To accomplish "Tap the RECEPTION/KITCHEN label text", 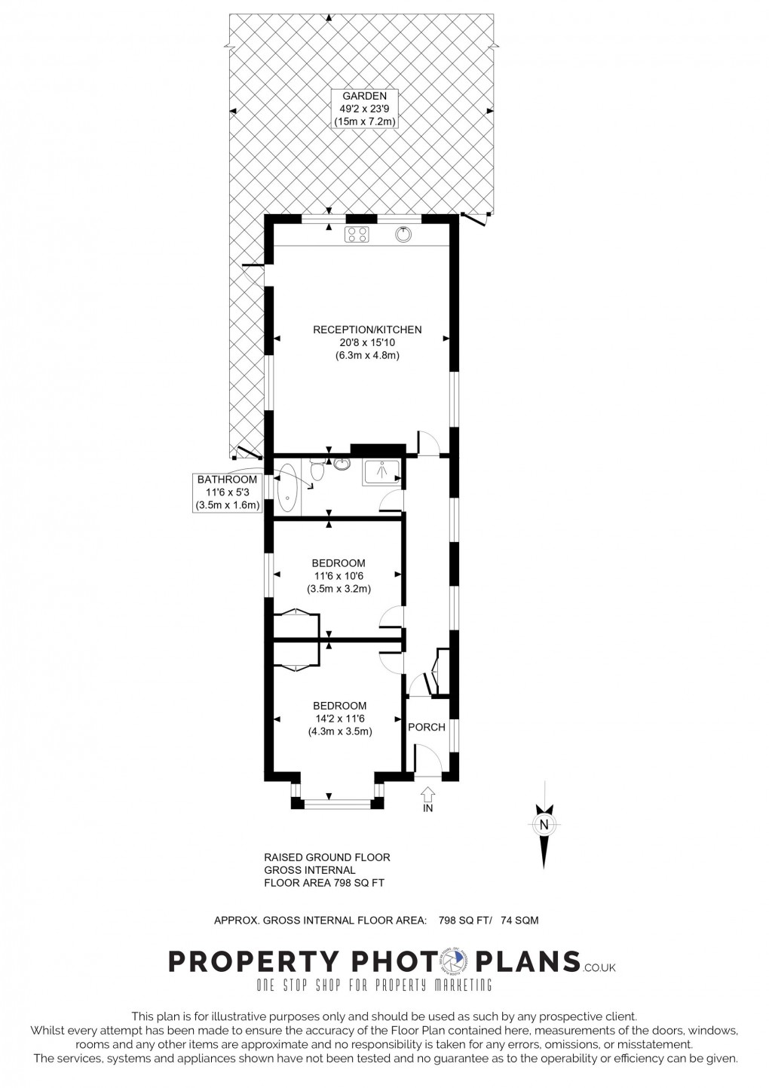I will pos(367,329).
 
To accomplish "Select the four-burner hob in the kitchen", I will pos(357,235).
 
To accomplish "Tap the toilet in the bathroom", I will pos(316,470).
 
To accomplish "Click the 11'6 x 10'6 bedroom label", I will pos(339,576).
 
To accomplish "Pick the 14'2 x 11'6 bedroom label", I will pos(339,719).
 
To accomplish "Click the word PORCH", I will pos(427,728).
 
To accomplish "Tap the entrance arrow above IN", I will pos(427,794).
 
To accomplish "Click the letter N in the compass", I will pos(543,825).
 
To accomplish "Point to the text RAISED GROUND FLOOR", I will pos(326,857).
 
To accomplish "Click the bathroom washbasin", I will pos(342,464).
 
